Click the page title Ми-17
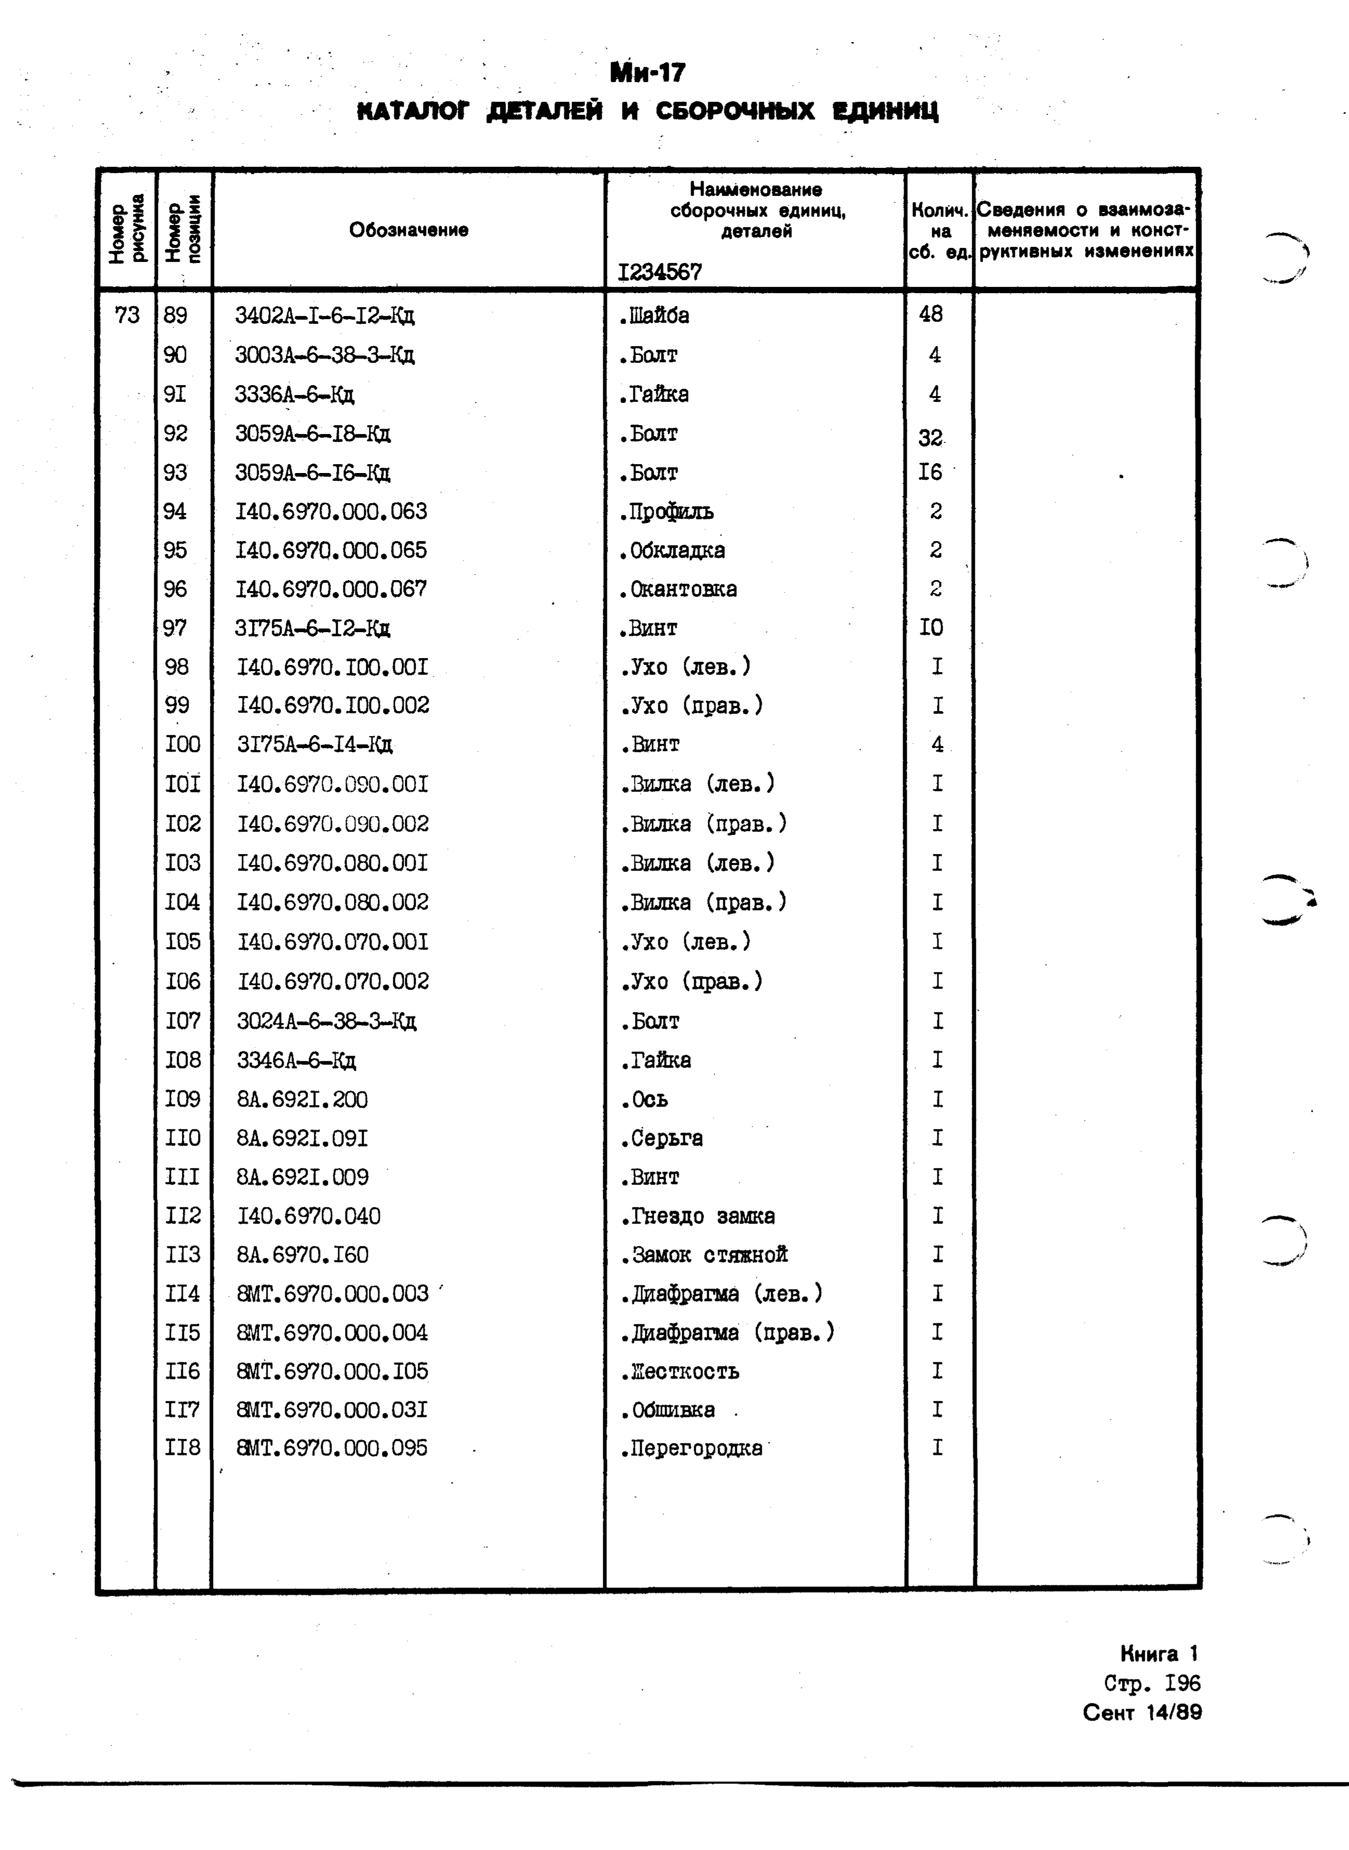647,73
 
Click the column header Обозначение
408,230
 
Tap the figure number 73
127,316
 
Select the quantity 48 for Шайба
930,314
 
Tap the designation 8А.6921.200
302,1099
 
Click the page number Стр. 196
1152,1683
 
